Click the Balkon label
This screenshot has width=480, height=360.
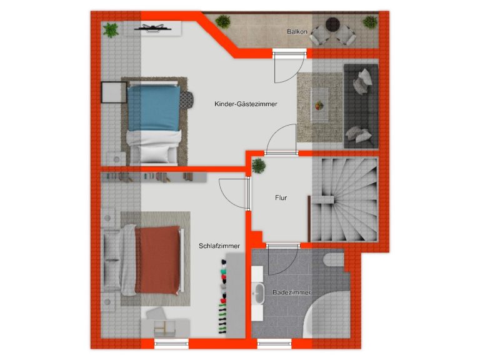click(x=297, y=31)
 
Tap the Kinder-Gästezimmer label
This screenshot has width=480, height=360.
click(x=246, y=104)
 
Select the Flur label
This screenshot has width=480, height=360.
click(x=281, y=197)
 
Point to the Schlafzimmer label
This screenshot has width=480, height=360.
click(x=219, y=246)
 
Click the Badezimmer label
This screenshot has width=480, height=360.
click(x=292, y=292)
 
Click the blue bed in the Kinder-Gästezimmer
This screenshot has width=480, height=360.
click(x=154, y=122)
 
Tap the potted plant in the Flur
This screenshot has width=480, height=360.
click(x=259, y=166)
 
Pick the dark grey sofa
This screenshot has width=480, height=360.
click(x=361, y=106)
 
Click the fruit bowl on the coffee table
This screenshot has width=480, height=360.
click(x=319, y=105)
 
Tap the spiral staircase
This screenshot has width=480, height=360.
click(x=345, y=199)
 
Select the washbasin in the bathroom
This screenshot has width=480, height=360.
click(x=259, y=294)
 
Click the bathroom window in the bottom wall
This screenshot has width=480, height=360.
click(x=274, y=344)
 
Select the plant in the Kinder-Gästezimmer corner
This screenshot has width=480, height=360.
click(x=111, y=30)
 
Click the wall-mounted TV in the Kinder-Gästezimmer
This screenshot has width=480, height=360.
click(x=152, y=29)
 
